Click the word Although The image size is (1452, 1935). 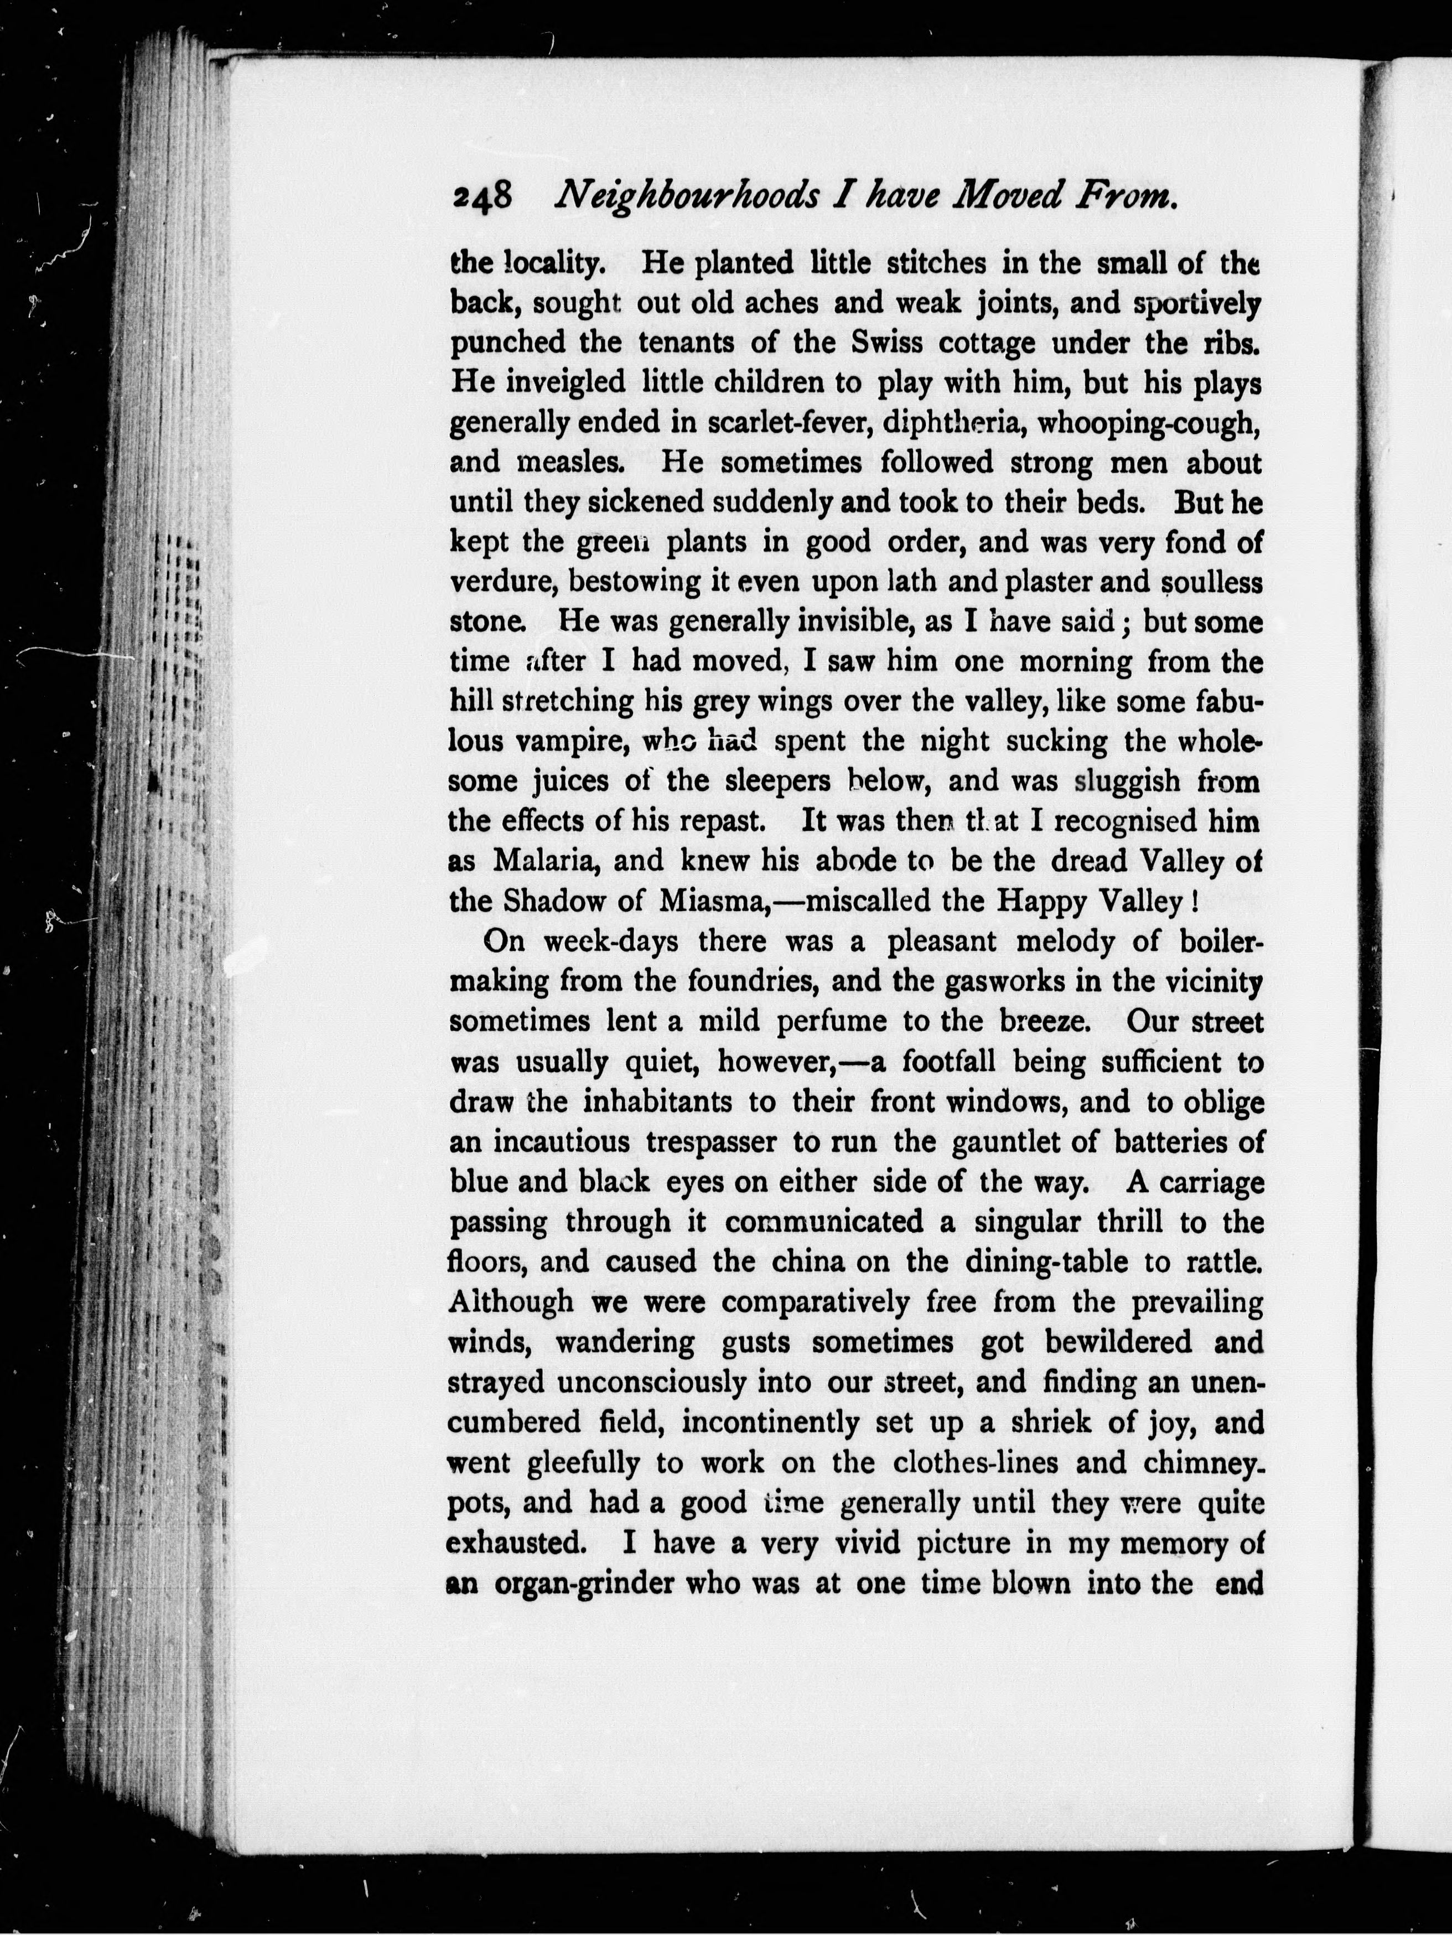[x=511, y=1302]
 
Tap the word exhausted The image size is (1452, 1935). [x=515, y=1543]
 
